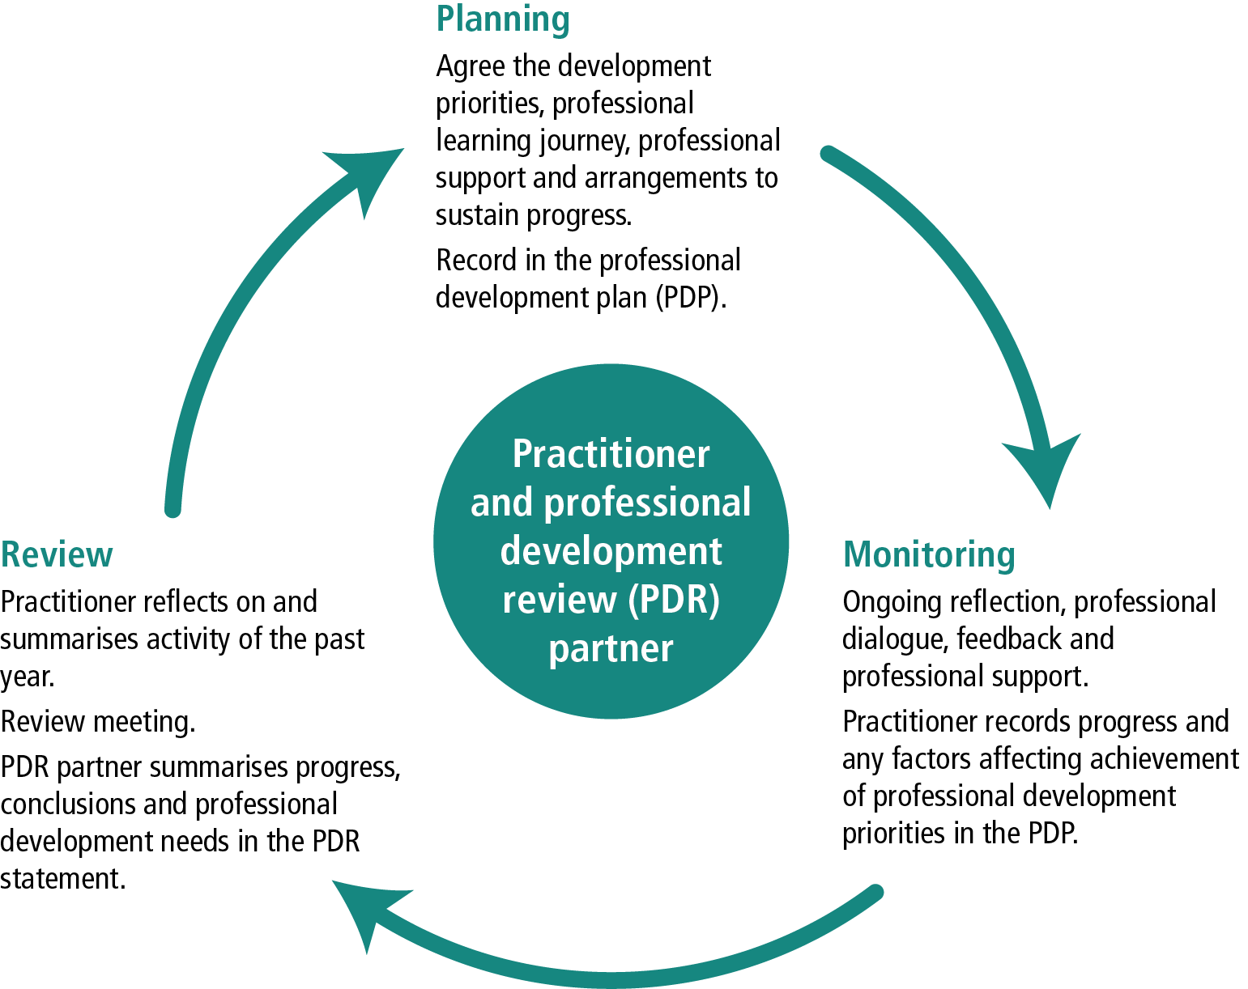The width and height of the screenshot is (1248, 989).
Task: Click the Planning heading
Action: (502, 19)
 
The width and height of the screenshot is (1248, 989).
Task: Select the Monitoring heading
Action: (928, 555)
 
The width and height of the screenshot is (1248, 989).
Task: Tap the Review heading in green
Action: (57, 555)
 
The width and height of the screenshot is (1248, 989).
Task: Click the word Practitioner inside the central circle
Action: (611, 454)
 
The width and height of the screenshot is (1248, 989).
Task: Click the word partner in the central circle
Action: (611, 648)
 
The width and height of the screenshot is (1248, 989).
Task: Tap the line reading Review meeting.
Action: (98, 721)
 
